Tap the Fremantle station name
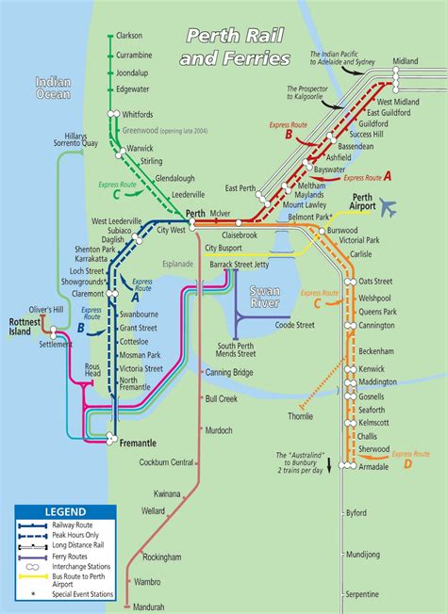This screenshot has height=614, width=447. [139, 442]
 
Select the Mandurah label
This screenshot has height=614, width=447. [149, 606]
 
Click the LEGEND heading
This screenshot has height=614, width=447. [64, 512]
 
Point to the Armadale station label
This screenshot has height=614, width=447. [376, 464]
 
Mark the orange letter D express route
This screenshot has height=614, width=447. [407, 463]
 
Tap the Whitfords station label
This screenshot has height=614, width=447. [138, 115]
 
